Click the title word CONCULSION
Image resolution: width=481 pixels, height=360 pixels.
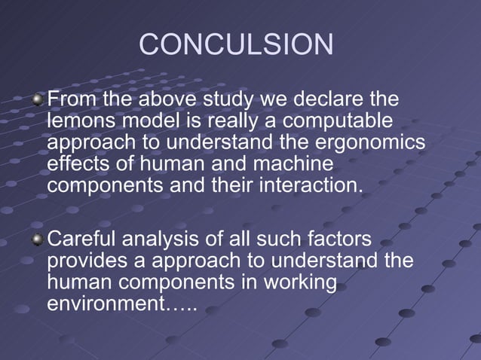236,45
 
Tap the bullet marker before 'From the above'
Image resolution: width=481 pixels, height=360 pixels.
39,100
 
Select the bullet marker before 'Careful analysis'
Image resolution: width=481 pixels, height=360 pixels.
39,240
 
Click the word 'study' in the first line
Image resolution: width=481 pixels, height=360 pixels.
227,100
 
